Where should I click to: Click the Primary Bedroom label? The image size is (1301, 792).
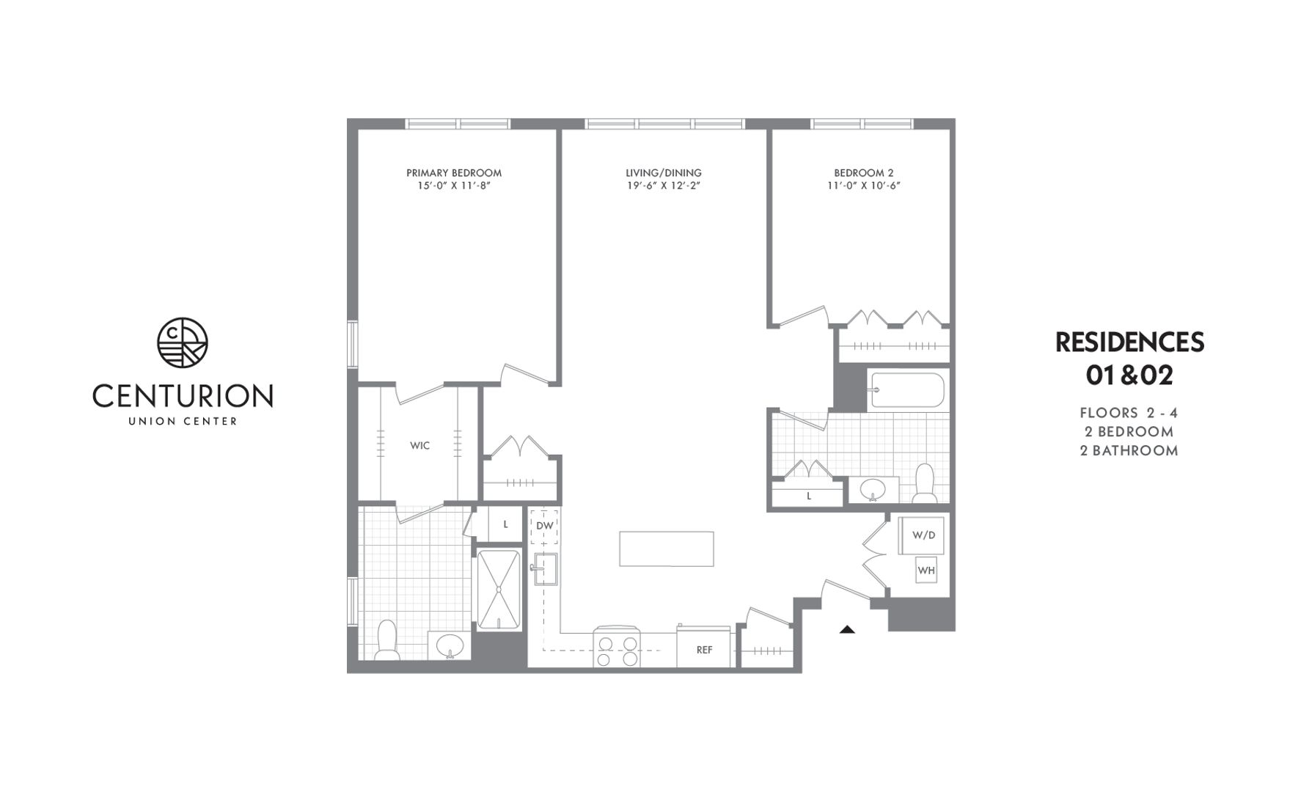[x=454, y=173]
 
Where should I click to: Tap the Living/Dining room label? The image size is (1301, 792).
[x=663, y=173]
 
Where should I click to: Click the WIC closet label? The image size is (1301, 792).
[x=419, y=445]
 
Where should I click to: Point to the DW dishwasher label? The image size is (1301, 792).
[x=544, y=526]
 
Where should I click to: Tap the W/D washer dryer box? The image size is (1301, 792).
[x=923, y=535]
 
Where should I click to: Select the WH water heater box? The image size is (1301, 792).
[x=926, y=570]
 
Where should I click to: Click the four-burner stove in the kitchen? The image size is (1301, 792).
[x=617, y=648]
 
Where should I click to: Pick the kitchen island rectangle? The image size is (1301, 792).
[x=666, y=549]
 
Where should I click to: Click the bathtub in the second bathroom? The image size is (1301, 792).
[x=906, y=390]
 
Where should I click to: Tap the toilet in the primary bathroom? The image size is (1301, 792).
[x=386, y=639]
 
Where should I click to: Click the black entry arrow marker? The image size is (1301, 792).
[x=847, y=629]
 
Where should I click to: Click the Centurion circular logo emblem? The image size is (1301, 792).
[x=183, y=342]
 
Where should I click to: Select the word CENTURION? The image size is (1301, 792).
[x=183, y=396]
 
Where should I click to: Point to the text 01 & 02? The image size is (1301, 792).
[x=1129, y=375]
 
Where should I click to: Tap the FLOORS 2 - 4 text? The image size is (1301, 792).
[x=1129, y=413]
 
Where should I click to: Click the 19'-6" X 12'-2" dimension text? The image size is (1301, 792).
[x=663, y=186]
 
